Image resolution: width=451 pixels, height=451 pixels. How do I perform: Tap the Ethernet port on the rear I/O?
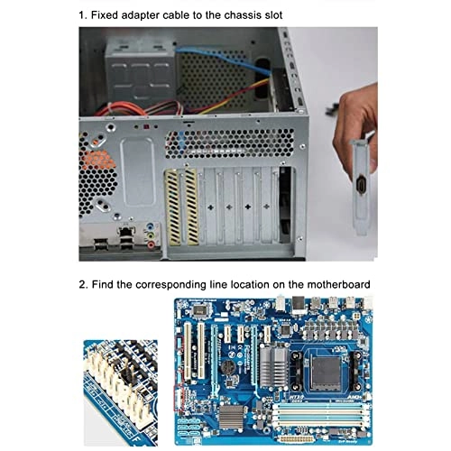[126, 240]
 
